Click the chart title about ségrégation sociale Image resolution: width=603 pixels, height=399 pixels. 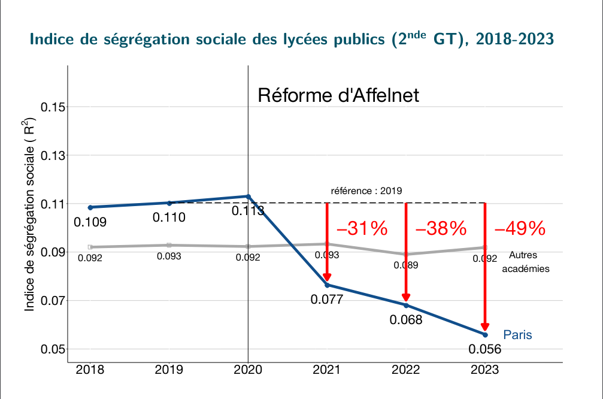pos(292,40)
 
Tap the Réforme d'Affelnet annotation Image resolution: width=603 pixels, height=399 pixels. pos(338,95)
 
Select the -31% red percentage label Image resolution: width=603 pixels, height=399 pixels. pos(362,228)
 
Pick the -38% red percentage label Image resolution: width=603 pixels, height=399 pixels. pos(441,228)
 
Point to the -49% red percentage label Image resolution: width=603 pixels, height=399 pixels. pos(520,228)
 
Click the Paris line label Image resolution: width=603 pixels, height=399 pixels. pos(517,335)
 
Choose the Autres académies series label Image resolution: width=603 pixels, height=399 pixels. pos(525,262)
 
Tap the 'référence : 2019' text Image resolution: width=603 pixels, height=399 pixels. pos(366,192)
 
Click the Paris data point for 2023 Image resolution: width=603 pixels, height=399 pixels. pos(485,334)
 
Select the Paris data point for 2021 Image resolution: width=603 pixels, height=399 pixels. pos(327,285)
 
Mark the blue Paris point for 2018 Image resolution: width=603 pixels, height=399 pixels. pos(90,207)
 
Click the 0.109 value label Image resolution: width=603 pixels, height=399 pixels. pos(90,222)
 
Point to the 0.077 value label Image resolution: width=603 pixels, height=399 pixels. pos(327,300)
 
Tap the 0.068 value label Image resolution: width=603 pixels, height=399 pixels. pos(406,320)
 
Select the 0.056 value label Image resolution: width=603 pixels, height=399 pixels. pos(485,349)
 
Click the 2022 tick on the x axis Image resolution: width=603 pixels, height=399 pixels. pos(406,370)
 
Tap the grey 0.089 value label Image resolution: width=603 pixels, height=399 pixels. pos(406,265)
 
